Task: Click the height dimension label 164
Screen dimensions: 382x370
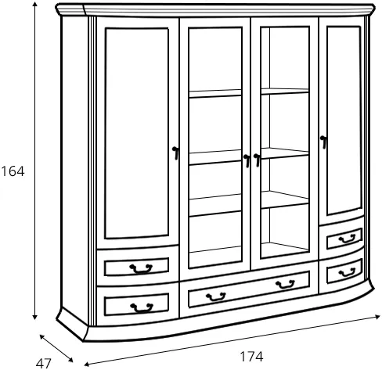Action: (x=13, y=171)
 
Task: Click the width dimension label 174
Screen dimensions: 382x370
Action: (x=251, y=357)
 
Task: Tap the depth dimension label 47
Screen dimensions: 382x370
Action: (x=44, y=364)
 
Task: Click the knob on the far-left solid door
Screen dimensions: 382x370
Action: (x=175, y=153)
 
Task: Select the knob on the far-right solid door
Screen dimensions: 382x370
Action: (x=323, y=142)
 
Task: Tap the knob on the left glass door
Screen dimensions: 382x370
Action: (x=247, y=160)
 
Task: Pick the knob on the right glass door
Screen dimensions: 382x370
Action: (x=257, y=160)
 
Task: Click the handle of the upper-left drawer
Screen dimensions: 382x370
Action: (x=141, y=268)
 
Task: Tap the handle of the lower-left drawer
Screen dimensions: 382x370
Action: (x=142, y=307)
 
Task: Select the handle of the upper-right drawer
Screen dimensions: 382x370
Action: (x=347, y=239)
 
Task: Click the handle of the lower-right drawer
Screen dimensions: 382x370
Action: (x=347, y=272)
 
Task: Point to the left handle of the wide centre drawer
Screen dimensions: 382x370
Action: (x=216, y=296)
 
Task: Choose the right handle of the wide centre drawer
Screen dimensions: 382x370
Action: (x=285, y=284)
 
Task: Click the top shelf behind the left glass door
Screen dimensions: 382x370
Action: (x=215, y=94)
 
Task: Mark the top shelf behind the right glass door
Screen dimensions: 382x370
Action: (x=285, y=91)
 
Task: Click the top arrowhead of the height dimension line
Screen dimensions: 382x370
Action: (x=34, y=4)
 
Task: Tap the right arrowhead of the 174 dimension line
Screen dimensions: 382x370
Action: (x=377, y=317)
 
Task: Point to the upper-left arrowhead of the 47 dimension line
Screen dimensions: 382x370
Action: (x=42, y=337)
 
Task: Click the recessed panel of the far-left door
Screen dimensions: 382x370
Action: (x=136, y=133)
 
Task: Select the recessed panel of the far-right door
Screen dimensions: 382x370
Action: (x=344, y=120)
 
